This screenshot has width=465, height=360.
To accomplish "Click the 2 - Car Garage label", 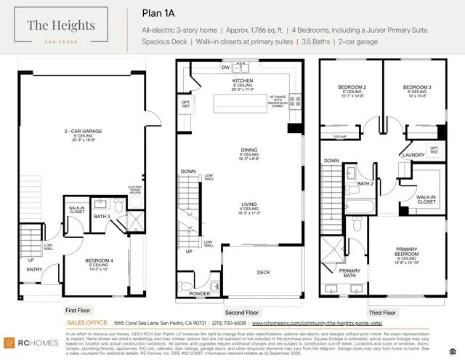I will pos(81,132).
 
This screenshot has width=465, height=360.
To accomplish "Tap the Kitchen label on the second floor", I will pos(242,81).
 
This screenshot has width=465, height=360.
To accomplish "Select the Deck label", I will pos(264,273).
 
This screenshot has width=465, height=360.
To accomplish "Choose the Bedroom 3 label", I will pos(417,87).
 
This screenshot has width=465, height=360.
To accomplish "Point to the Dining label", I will pos(249,151).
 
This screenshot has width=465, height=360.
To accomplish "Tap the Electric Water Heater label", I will pos(136,189).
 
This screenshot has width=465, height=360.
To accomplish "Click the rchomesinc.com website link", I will pos(316,322).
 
